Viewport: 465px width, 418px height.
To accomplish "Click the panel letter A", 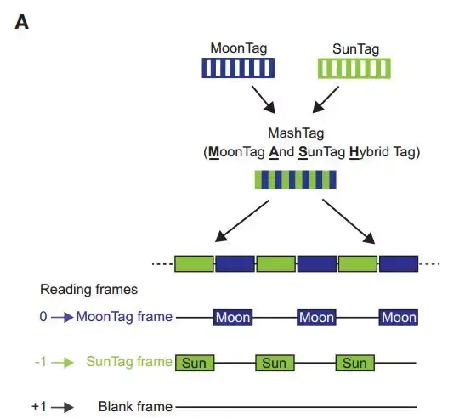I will click(x=22, y=22).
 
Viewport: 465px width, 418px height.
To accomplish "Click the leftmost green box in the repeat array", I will click(x=195, y=263).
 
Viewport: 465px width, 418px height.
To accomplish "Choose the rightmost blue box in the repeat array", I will click(x=398, y=263).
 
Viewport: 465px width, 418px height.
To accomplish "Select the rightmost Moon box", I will click(x=398, y=317).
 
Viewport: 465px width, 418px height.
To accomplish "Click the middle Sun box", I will click(x=275, y=363).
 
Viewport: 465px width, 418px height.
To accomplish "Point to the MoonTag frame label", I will click(x=124, y=317).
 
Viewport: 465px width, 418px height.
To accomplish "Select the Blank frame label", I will click(x=135, y=407).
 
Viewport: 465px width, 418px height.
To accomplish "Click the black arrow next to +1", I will click(x=64, y=407).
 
